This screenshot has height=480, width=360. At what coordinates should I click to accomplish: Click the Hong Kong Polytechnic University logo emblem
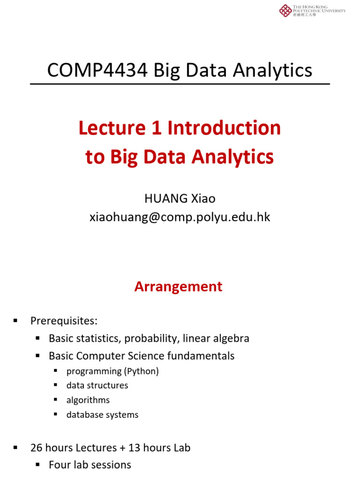(x=285, y=10)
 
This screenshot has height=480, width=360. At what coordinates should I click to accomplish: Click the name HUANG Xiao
(x=180, y=198)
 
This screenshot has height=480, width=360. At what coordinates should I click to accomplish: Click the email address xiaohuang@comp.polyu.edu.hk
(x=180, y=217)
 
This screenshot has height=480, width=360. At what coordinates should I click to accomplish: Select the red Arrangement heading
(x=178, y=286)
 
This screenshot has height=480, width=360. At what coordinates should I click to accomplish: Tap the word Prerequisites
(x=64, y=321)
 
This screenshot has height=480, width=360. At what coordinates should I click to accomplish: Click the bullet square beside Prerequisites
(x=15, y=321)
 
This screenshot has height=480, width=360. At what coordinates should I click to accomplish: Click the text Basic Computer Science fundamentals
(x=142, y=356)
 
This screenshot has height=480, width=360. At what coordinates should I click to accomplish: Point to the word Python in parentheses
(x=141, y=371)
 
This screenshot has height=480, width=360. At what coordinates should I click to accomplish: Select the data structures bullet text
(x=97, y=385)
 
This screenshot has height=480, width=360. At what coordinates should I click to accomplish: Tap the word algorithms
(x=88, y=400)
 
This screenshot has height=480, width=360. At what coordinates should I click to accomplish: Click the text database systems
(x=102, y=414)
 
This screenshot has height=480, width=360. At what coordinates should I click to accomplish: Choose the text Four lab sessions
(x=90, y=465)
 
